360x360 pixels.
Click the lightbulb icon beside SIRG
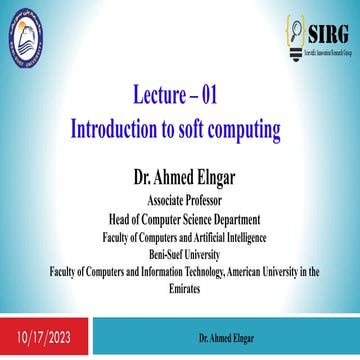(x=296, y=37)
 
